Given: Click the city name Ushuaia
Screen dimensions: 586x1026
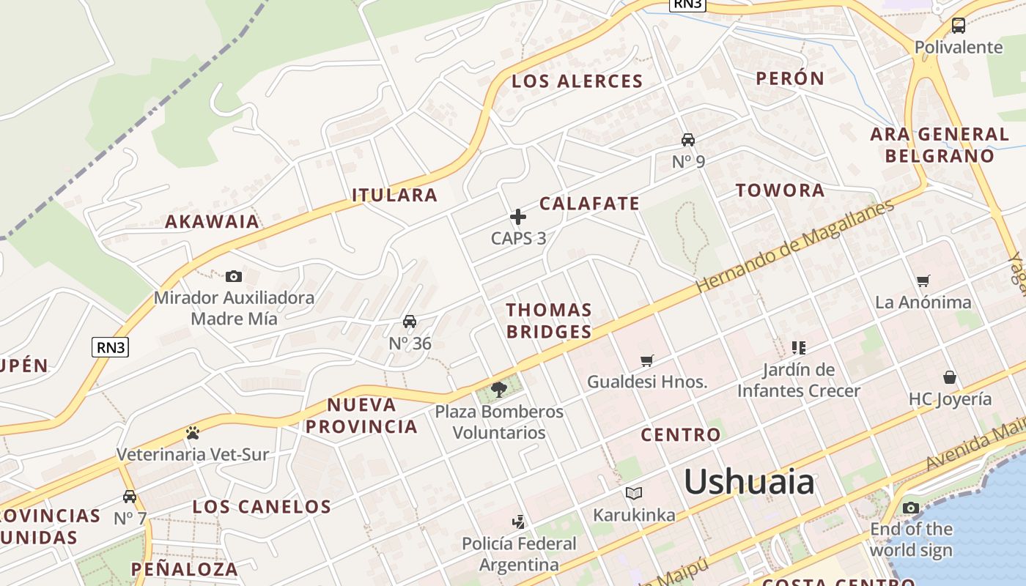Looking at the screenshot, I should point(749,482).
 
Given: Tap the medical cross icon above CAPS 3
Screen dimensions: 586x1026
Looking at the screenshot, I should point(518,217).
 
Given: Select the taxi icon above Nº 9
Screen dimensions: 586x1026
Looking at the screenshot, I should point(687,140).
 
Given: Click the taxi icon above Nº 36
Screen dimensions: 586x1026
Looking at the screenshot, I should point(410,322).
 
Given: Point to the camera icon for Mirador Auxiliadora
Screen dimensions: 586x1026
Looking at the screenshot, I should point(234,276).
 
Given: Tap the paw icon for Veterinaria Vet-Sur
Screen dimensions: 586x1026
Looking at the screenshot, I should point(193,433).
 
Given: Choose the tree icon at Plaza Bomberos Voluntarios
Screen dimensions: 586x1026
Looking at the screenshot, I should point(499,389).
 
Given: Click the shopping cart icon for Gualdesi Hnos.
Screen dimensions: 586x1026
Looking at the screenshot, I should point(646,360).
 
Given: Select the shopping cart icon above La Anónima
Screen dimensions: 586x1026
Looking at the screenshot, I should point(923,281).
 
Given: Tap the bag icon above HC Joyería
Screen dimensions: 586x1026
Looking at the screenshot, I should point(950,377).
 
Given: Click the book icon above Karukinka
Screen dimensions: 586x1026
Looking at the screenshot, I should point(634,493).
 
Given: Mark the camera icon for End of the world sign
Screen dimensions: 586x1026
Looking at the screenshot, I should point(911,508).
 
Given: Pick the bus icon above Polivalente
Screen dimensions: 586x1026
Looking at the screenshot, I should point(958,26).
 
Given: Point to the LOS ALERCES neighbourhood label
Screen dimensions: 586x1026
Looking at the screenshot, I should point(577,81).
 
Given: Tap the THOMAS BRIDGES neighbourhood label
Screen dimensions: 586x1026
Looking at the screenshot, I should point(549,321).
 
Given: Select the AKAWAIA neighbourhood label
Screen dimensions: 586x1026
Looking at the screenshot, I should point(213,221).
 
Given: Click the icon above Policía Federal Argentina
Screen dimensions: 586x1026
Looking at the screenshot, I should point(519,522).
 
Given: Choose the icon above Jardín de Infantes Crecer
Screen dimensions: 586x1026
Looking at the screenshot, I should point(798,347).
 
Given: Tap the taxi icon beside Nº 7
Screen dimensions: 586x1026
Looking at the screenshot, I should point(130,497).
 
